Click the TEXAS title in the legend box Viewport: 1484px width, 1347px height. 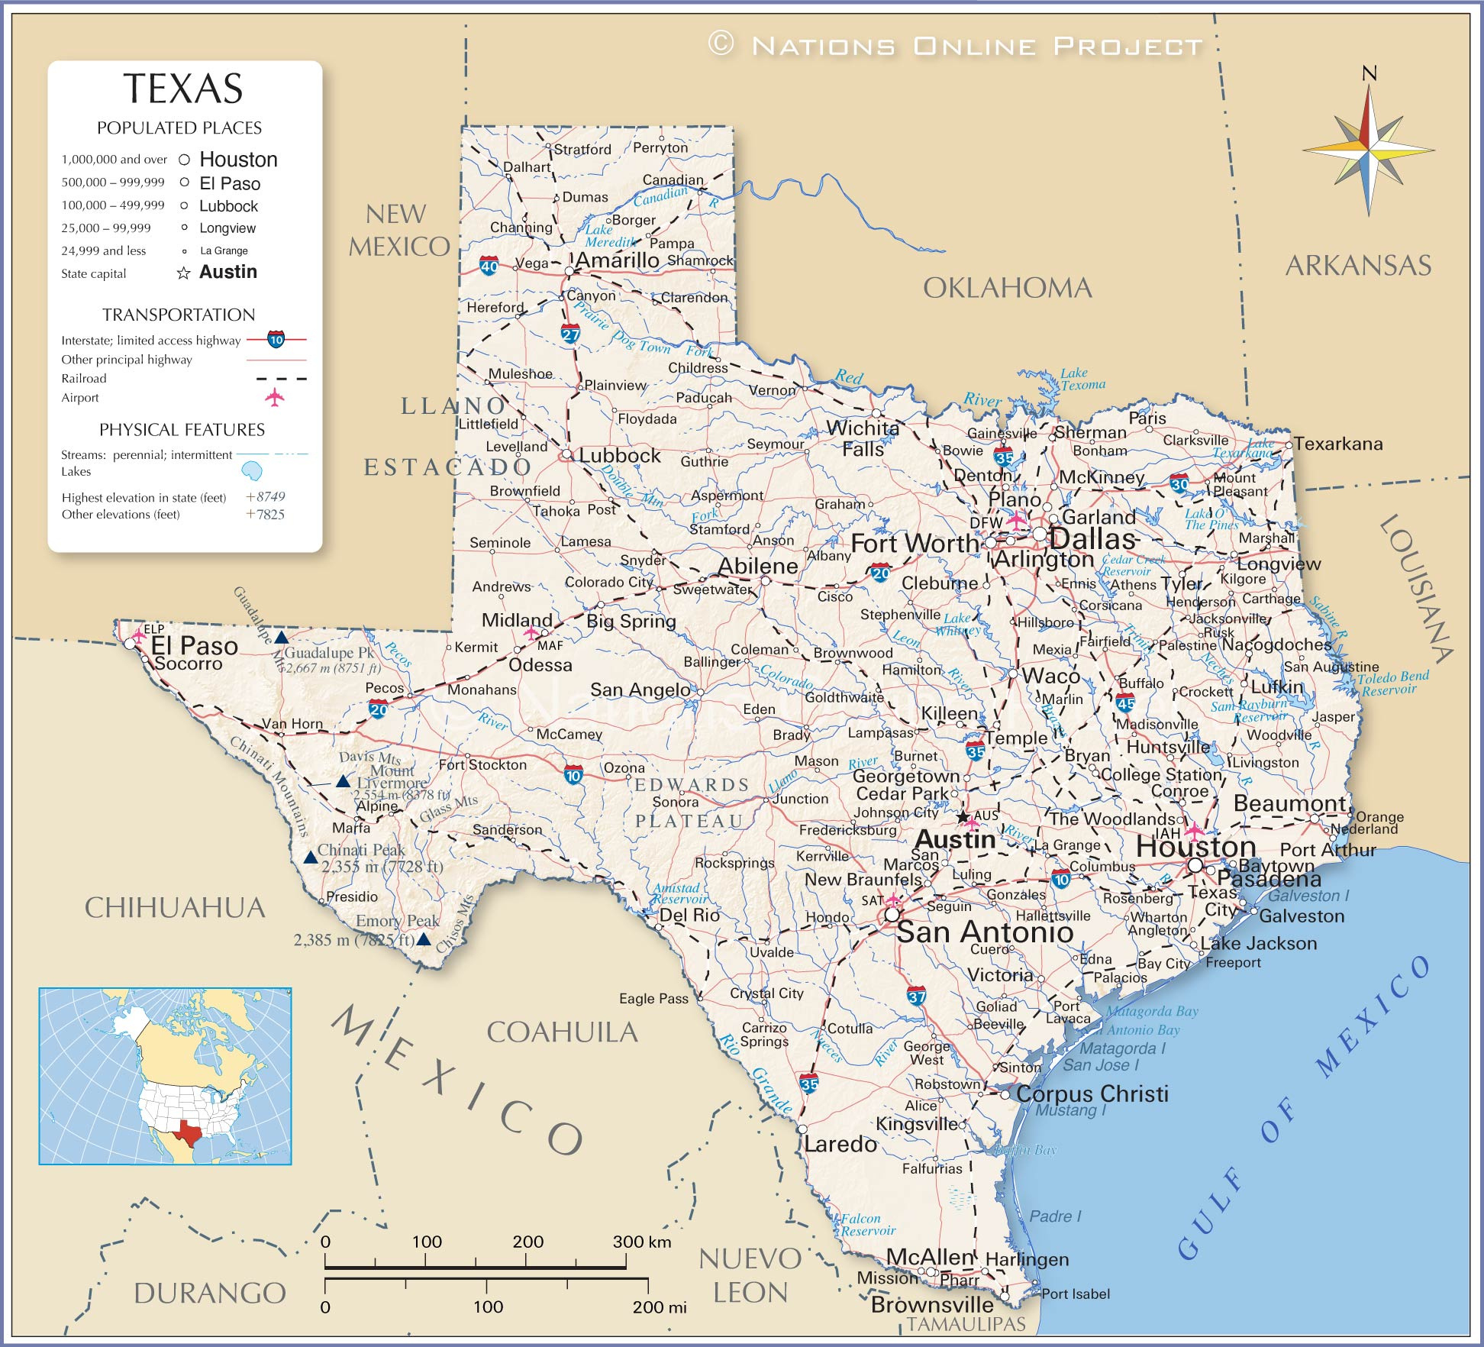pos(183,89)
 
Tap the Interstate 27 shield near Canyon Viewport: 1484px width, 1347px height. pos(570,334)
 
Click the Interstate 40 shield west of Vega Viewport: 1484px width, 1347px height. pos(489,266)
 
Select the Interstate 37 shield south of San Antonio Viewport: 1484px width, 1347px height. pos(916,996)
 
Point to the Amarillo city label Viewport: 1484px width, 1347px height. pos(617,260)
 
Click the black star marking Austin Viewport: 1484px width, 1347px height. pos(963,817)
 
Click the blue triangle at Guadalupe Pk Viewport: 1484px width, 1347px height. pos(281,638)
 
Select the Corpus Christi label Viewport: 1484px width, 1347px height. pos(1092,1093)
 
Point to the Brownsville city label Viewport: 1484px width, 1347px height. pos(932,1304)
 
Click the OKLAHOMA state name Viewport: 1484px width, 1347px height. pos(1007,288)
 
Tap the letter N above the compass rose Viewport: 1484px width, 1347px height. pos(1369,73)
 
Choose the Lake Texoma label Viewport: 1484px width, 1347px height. pos(1082,379)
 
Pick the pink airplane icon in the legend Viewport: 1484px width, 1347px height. pos(274,397)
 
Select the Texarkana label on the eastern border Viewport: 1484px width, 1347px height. pos(1337,444)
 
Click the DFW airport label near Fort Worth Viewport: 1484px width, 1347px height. pos(986,522)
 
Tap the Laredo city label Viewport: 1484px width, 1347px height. pos(840,1144)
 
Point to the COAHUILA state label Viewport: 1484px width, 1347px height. pos(562,1032)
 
